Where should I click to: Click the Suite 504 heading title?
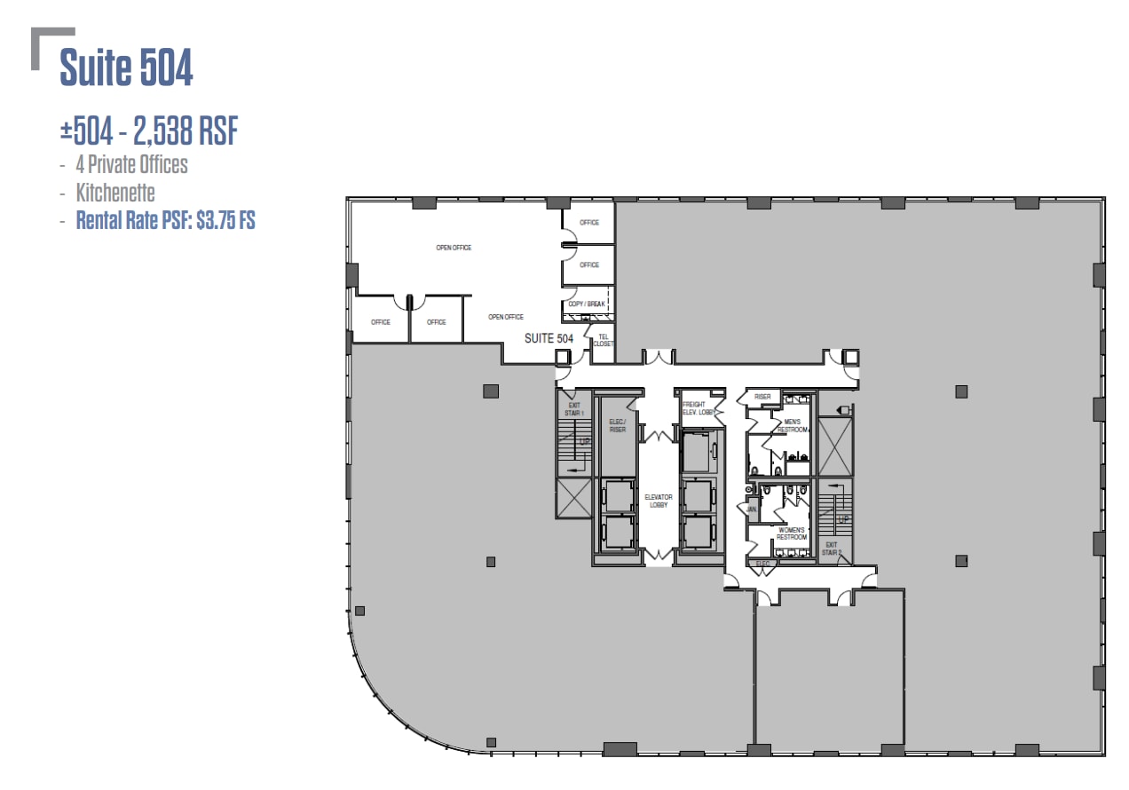click(126, 68)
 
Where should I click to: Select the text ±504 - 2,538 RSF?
click(149, 131)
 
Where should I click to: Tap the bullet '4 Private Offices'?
click(131, 165)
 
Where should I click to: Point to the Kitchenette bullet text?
click(115, 193)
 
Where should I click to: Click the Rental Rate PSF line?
click(165, 220)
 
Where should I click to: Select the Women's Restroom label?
click(791, 533)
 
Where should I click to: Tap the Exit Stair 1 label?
click(573, 409)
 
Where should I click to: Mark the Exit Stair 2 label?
click(832, 549)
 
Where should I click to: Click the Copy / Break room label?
click(586, 304)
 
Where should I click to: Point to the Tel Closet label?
click(604, 340)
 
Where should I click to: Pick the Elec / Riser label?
click(618, 426)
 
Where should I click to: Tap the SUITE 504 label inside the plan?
click(549, 338)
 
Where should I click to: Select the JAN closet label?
click(752, 510)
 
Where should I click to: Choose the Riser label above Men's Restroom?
click(762, 397)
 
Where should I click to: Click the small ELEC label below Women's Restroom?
click(762, 563)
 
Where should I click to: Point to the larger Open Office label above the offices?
click(454, 248)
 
